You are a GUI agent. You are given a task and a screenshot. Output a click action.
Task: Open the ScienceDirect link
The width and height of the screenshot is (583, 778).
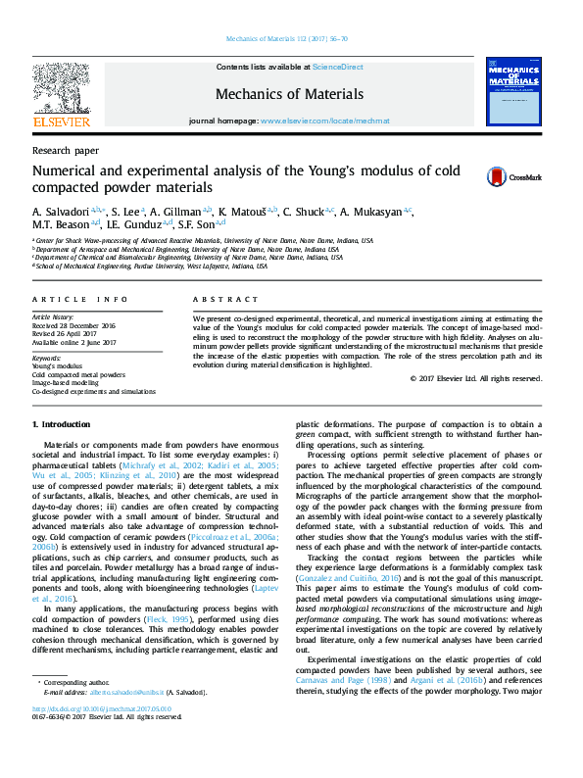click(x=338, y=67)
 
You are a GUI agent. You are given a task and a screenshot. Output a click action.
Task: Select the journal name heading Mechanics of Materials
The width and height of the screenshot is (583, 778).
click(x=289, y=95)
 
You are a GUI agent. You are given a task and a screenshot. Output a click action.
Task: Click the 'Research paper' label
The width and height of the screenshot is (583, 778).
click(x=66, y=151)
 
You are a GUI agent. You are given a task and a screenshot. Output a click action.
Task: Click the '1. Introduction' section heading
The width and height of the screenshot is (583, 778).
click(x=61, y=424)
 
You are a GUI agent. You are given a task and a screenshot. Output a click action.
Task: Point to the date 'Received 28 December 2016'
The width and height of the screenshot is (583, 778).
click(x=73, y=325)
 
